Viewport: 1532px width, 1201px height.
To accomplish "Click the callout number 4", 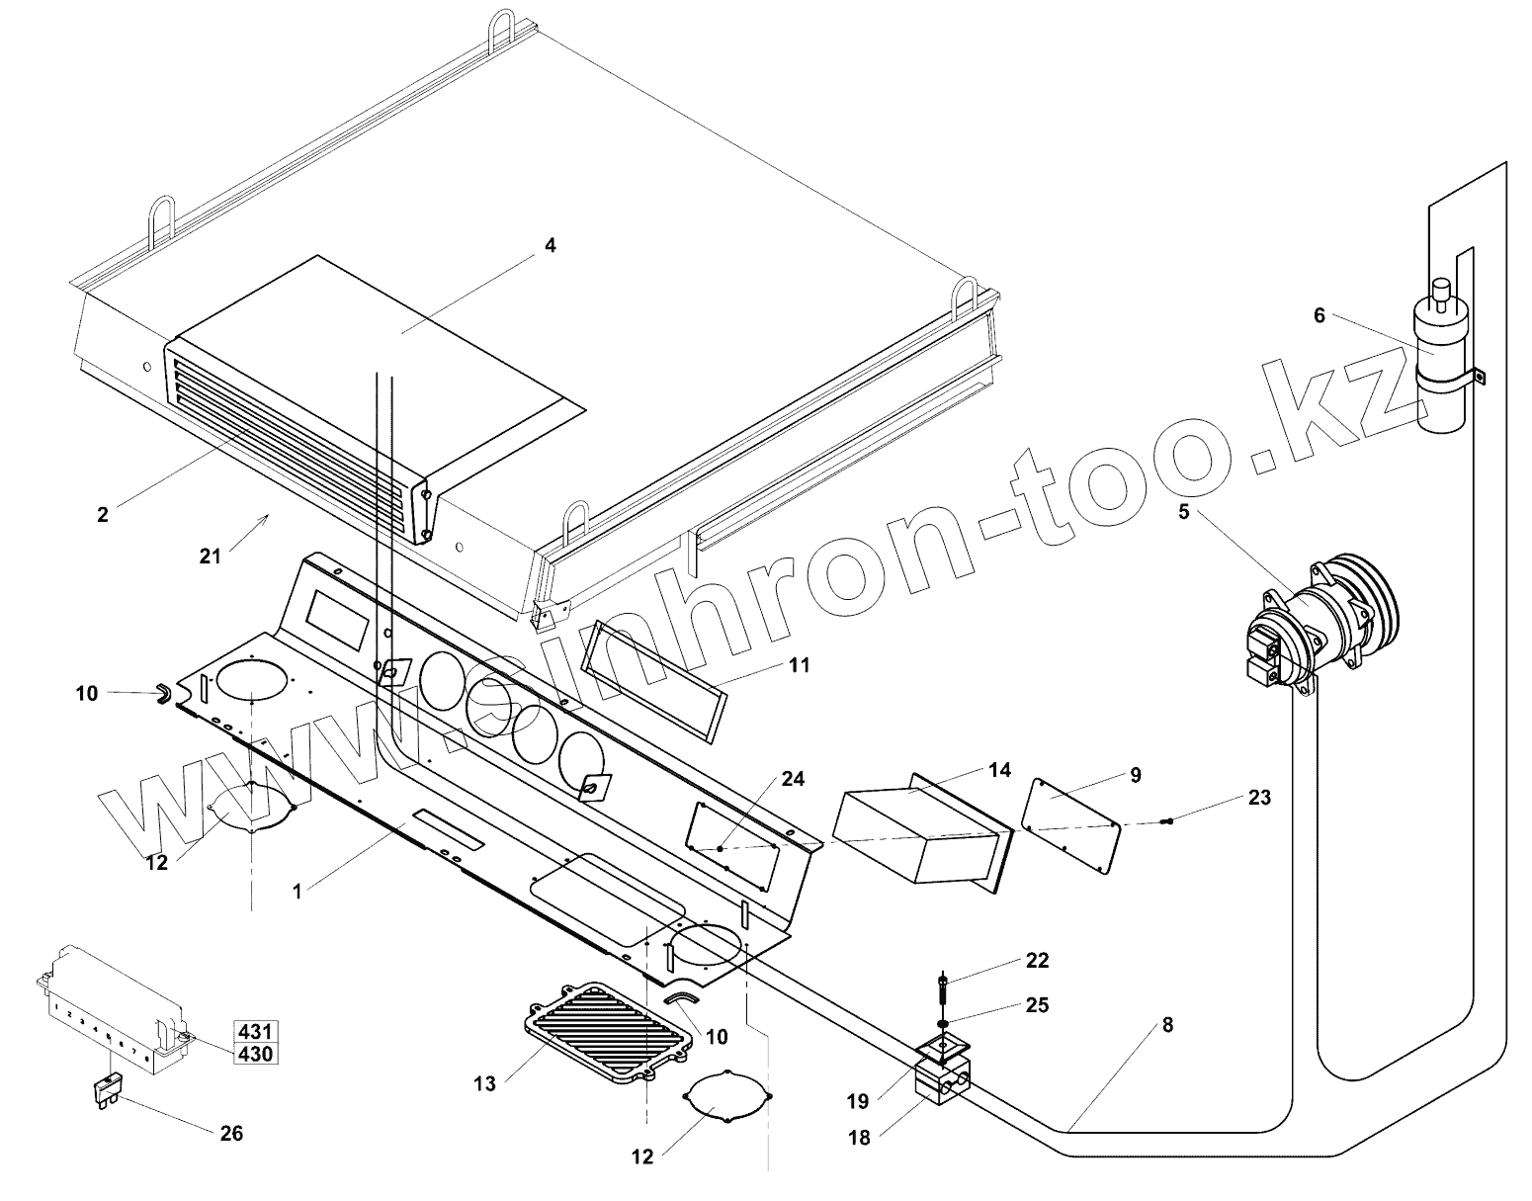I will pyautogui.click(x=551, y=245).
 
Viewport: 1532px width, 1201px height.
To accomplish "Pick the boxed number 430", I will pyautogui.click(x=254, y=1054).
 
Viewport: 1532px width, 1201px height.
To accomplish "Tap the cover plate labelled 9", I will pyautogui.click(x=1069, y=824).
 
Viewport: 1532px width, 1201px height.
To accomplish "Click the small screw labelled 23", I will pyautogui.click(x=1168, y=821).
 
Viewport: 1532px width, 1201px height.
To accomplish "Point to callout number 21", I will pyautogui.click(x=210, y=556).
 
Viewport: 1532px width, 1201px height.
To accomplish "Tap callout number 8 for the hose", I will pyautogui.click(x=1166, y=1025).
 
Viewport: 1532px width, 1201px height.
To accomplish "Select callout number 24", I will pyautogui.click(x=793, y=751).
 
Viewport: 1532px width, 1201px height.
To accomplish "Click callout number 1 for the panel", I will pyautogui.click(x=297, y=891).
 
